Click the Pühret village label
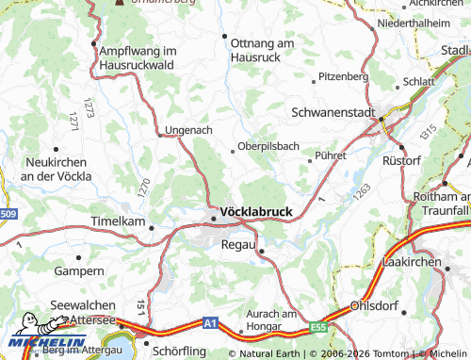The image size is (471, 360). pyautogui.click(x=332, y=155)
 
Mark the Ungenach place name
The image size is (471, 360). pyautogui.click(x=188, y=130)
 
